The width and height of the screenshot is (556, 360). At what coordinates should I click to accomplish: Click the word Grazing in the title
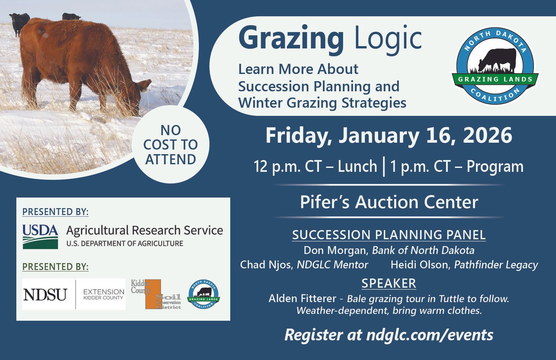(x=291, y=40)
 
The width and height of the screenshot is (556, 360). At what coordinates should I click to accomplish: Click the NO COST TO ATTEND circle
(x=170, y=145)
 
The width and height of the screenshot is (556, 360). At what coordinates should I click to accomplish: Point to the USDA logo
(x=41, y=237)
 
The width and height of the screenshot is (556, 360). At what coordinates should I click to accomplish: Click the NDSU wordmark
(x=45, y=295)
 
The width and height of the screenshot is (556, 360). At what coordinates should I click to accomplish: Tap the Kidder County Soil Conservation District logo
(x=156, y=294)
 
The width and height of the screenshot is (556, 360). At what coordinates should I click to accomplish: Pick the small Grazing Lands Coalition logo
(x=203, y=294)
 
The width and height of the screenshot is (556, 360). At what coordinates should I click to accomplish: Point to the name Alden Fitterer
(x=302, y=298)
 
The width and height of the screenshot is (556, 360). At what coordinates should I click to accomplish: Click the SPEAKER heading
(x=389, y=283)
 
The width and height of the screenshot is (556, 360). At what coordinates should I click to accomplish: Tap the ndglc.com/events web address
(x=430, y=335)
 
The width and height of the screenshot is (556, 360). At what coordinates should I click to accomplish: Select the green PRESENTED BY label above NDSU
(x=55, y=267)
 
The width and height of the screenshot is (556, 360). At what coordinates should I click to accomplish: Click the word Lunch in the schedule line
(x=357, y=166)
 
